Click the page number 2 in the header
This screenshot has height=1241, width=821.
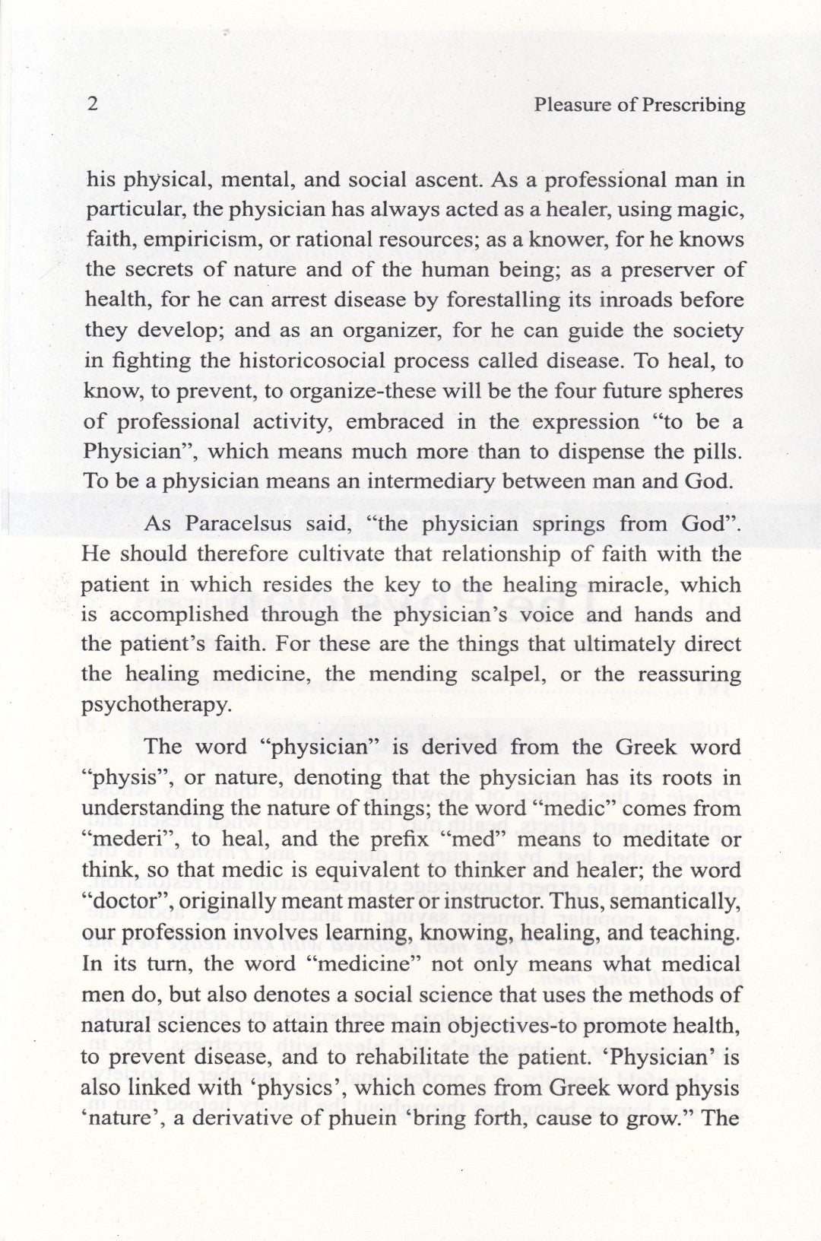point(92,105)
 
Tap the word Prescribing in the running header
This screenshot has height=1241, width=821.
point(693,105)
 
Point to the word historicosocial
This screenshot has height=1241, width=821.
point(271,361)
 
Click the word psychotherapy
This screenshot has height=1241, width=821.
point(156,705)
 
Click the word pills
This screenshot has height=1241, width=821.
point(717,452)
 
